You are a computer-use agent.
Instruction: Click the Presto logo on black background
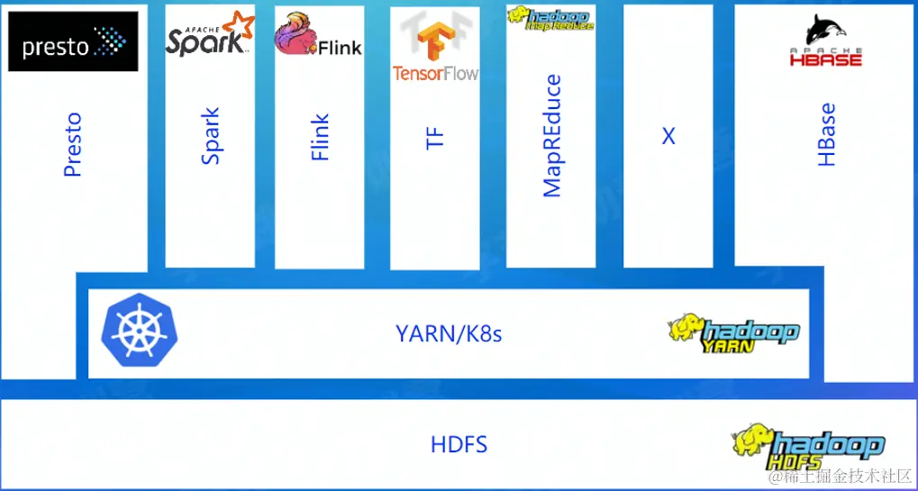[x=73, y=41]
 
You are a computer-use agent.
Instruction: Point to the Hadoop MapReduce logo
[x=550, y=18]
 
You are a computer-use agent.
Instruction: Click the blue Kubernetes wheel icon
[x=140, y=332]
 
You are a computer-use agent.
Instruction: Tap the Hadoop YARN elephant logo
[x=732, y=334]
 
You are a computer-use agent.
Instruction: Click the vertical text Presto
[x=73, y=144]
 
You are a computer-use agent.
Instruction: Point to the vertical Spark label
[x=210, y=136]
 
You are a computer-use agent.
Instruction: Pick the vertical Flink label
[x=320, y=137]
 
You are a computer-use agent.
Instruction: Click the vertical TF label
[x=435, y=138]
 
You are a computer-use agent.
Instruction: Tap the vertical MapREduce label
[x=551, y=136]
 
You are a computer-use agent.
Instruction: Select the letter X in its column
[x=668, y=136]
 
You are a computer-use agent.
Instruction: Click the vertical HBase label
[x=826, y=135]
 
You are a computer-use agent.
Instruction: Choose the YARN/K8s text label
[x=449, y=334]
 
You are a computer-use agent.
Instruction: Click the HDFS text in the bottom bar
[x=459, y=444]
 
